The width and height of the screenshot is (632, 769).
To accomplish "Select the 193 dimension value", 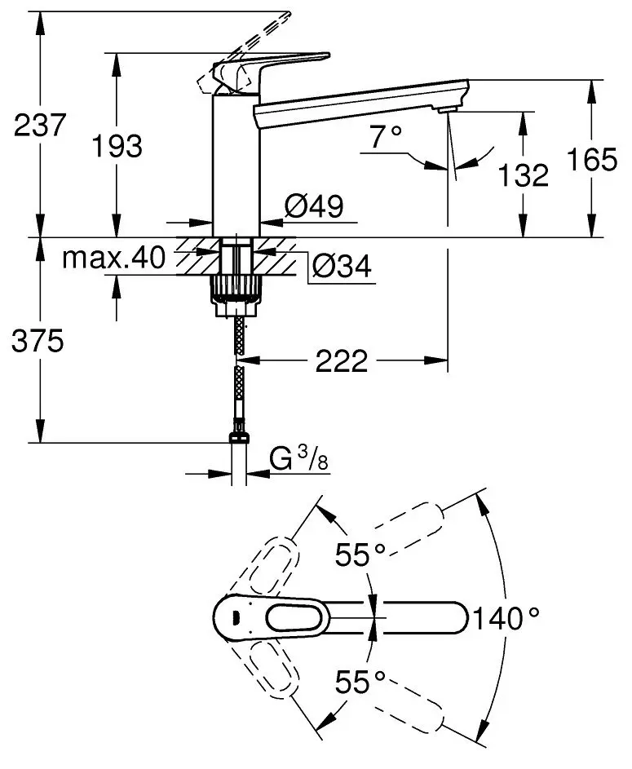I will click(116, 147).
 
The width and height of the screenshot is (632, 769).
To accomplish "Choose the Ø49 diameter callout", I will click(312, 207).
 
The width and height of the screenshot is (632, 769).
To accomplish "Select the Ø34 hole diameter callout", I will click(342, 265).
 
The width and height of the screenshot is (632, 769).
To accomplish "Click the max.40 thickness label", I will click(114, 259).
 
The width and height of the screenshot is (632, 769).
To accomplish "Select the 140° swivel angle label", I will click(509, 618).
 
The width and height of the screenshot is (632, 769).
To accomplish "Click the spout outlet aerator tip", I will click(449, 110).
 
